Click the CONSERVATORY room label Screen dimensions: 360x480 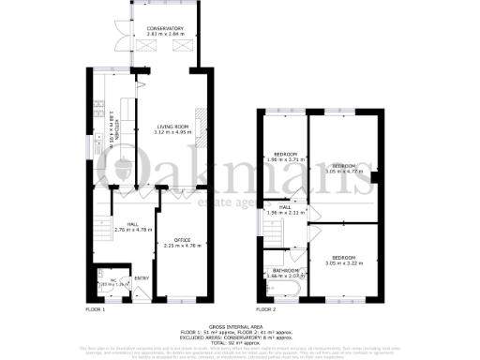point(164,29)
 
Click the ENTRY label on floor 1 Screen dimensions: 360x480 point(141,277)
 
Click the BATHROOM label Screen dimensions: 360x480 point(285,271)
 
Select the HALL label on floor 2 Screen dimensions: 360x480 point(285,207)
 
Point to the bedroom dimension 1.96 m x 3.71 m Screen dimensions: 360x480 point(285,159)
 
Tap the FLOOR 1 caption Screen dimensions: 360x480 point(96,308)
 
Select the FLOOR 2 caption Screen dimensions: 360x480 point(267,308)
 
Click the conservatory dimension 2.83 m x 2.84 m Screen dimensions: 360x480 point(164,35)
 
